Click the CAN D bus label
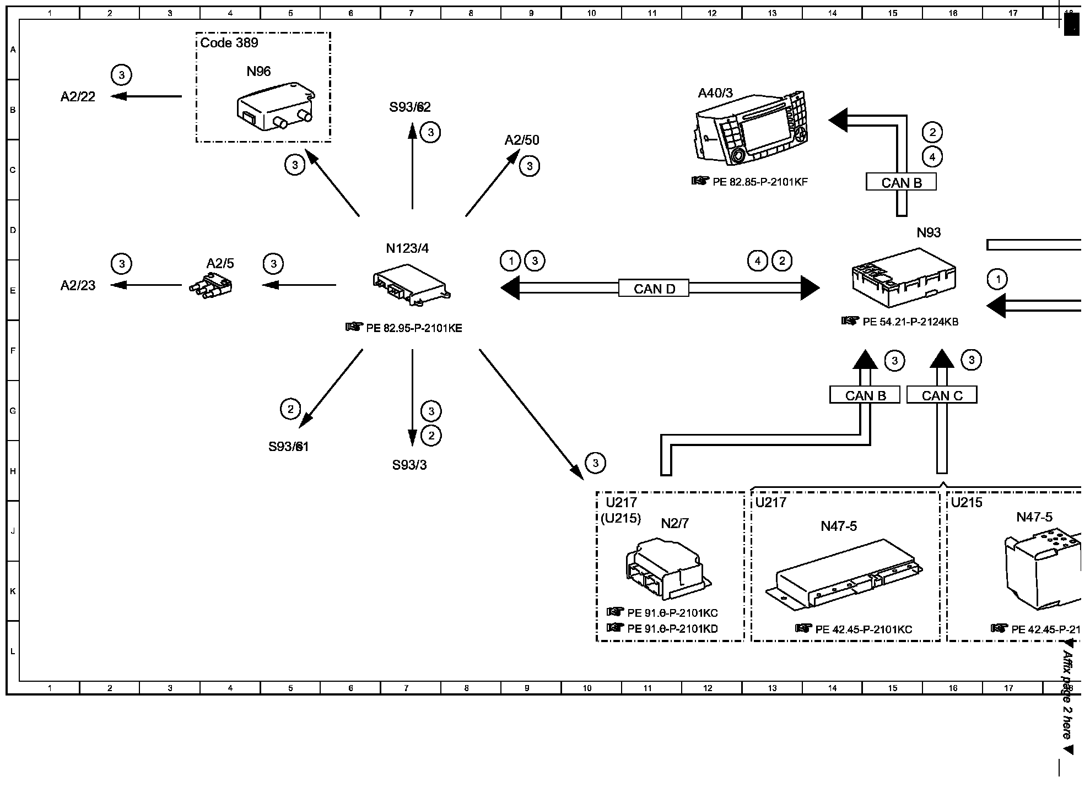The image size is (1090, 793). pyautogui.click(x=654, y=289)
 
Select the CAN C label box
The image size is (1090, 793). pyautogui.click(x=942, y=395)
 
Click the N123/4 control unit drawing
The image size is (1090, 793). pyautogui.click(x=411, y=284)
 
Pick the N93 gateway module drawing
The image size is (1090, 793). pyautogui.click(x=903, y=279)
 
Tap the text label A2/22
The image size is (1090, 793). pyautogui.click(x=78, y=97)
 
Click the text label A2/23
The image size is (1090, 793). pyautogui.click(x=78, y=285)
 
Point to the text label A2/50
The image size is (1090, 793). pyautogui.click(x=522, y=140)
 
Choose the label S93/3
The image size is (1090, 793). pyautogui.click(x=409, y=465)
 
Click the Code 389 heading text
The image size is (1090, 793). pyautogui.click(x=229, y=43)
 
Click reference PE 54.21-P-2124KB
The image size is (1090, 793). pyautogui.click(x=910, y=322)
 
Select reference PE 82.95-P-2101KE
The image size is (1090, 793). pyautogui.click(x=414, y=328)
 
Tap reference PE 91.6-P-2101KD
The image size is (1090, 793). pyautogui.click(x=672, y=628)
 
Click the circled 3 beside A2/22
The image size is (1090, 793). pyautogui.click(x=122, y=75)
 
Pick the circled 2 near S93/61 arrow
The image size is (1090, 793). pyautogui.click(x=290, y=409)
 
